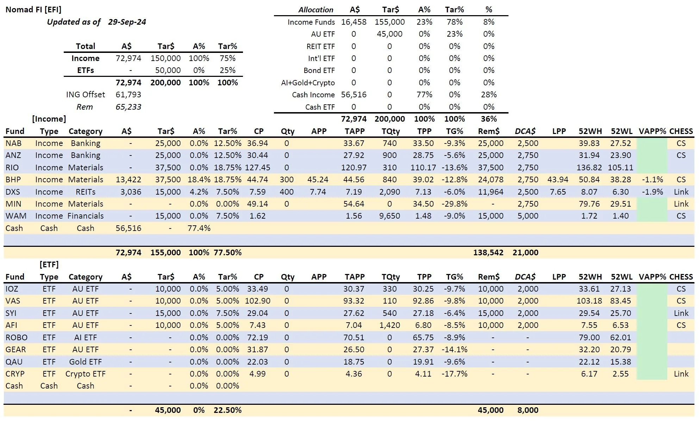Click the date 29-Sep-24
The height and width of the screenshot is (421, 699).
(x=127, y=22)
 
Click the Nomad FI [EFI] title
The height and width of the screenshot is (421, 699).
(x=33, y=10)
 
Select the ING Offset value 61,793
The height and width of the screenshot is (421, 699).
(x=128, y=94)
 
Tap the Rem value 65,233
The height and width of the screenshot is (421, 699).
(x=128, y=107)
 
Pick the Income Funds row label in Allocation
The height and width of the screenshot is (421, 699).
(x=311, y=22)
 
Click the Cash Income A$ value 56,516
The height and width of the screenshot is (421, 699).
(x=354, y=94)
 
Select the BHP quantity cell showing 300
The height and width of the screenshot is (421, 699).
(x=287, y=179)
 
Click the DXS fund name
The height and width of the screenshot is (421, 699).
(x=13, y=192)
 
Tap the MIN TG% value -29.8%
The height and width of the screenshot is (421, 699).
(x=454, y=204)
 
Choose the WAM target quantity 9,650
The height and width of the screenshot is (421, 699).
(x=389, y=216)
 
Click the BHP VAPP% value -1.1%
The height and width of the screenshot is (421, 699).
(x=652, y=179)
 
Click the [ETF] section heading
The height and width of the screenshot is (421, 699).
(x=49, y=264)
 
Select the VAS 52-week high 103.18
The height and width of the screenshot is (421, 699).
(x=589, y=301)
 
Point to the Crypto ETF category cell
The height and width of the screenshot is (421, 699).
(x=85, y=374)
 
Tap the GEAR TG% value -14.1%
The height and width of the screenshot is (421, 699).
(x=454, y=349)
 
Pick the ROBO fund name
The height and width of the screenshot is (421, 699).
(x=16, y=337)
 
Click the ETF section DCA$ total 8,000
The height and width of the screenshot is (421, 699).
(x=528, y=410)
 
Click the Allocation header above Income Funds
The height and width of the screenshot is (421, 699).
(x=316, y=10)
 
